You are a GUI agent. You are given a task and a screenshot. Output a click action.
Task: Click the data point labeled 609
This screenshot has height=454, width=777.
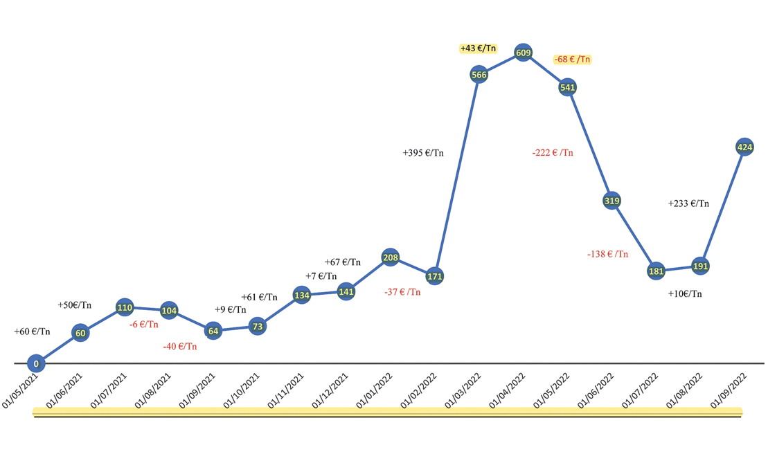click(523, 53)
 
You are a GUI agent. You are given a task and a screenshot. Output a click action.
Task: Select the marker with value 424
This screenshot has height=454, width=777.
click(745, 147)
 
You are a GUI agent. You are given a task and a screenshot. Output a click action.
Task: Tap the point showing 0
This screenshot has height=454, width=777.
click(36, 363)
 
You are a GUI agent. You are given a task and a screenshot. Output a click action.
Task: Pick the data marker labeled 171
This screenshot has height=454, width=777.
click(435, 276)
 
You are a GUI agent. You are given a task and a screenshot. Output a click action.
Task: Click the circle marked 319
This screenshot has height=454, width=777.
click(611, 201)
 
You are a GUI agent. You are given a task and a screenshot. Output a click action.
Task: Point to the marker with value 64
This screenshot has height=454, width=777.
click(213, 331)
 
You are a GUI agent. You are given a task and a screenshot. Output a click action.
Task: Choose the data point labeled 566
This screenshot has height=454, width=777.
click(479, 74)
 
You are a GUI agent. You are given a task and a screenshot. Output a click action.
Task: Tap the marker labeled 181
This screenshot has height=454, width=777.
click(656, 271)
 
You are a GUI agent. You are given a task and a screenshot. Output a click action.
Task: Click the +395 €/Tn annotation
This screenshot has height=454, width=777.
click(422, 152)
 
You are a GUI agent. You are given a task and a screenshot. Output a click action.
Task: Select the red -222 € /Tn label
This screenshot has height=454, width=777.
click(553, 152)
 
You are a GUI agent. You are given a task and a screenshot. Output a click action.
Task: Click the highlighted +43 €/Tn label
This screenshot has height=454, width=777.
click(479, 48)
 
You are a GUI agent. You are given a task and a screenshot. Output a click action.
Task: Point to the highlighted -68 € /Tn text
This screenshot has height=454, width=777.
click(572, 60)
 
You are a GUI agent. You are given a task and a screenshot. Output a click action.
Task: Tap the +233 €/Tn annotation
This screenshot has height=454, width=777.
click(688, 203)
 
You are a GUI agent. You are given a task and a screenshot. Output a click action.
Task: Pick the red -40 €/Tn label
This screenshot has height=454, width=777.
click(180, 346)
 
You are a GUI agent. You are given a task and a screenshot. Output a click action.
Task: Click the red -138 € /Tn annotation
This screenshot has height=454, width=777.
click(607, 254)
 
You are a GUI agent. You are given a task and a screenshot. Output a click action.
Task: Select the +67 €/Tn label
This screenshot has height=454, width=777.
click(343, 262)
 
